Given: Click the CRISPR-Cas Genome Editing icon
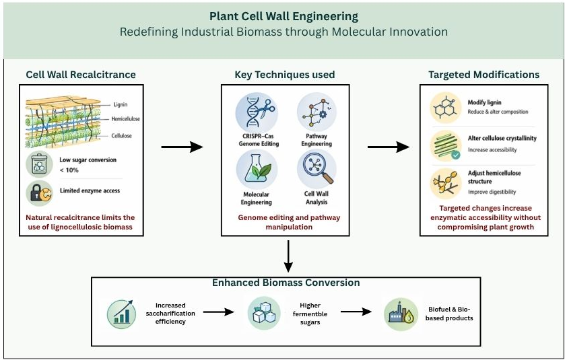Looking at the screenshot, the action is [x=257, y=112].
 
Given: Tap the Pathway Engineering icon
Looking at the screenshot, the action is [x=316, y=112].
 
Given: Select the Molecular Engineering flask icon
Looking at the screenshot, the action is [x=257, y=170].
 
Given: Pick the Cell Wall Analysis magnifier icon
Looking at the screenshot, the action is [x=316, y=169].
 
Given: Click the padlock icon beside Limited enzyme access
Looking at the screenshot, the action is [x=40, y=193].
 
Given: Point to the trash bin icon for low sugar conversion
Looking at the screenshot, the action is [x=40, y=164].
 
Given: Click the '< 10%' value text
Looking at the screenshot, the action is [x=69, y=170].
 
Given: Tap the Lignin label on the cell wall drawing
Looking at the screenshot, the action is [x=121, y=104].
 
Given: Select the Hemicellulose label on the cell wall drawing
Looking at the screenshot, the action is [x=125, y=118].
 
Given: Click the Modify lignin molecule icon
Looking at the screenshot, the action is [x=446, y=108].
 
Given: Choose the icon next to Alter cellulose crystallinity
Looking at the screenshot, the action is [x=446, y=146].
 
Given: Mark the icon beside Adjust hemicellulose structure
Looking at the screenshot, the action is [x=446, y=184].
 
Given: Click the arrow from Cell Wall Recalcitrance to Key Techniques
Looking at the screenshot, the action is [x=182, y=147].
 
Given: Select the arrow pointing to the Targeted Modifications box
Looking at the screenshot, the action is [x=389, y=147].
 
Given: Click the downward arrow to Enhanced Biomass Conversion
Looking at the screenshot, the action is [x=288, y=256].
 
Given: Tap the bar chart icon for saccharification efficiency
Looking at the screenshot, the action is [x=121, y=314].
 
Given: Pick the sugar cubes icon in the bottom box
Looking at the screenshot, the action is [x=264, y=313].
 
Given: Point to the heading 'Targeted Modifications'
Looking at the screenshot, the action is [x=483, y=75].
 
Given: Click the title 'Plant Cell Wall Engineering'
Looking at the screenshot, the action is [x=284, y=16].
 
